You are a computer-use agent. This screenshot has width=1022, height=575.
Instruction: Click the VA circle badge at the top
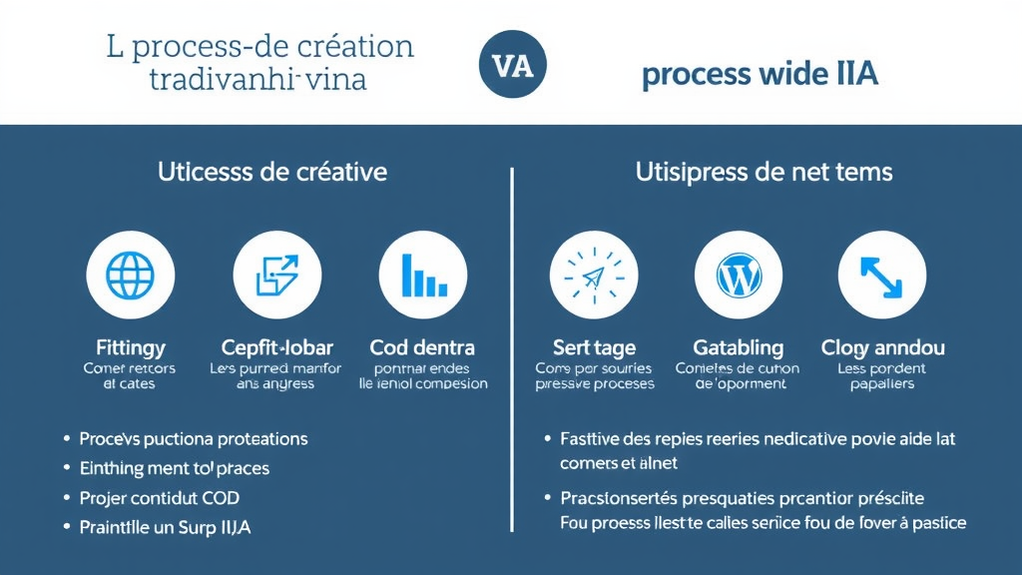[x=512, y=66]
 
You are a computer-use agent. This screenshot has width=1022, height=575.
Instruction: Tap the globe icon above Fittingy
[x=130, y=274]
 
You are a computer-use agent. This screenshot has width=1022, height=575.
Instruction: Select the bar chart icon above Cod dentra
[x=422, y=274]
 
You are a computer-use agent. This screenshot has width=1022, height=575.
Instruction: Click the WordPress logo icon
[x=739, y=274]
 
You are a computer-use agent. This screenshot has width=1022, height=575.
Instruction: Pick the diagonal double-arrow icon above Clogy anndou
[x=882, y=274]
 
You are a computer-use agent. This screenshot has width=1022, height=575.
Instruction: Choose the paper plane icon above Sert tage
[x=594, y=274]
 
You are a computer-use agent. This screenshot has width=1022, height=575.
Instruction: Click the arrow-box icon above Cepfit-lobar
[x=276, y=274]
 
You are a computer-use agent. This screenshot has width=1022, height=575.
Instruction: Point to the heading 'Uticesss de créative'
[x=271, y=172]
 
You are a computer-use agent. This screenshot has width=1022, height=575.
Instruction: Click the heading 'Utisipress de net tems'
[x=764, y=172]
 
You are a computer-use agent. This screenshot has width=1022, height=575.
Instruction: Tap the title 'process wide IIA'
[x=760, y=75]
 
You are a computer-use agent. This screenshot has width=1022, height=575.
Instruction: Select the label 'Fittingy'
[x=130, y=348]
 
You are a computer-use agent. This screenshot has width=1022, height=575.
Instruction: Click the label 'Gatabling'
[x=738, y=348]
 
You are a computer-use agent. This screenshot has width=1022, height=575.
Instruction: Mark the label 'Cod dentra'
[x=422, y=348]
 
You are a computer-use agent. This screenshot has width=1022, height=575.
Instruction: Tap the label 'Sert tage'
[x=594, y=348]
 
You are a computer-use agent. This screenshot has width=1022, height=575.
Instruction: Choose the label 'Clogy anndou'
[x=882, y=348]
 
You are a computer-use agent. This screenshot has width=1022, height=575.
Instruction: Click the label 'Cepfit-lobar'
[x=276, y=348]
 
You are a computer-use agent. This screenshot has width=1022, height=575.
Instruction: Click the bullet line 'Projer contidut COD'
[x=160, y=497]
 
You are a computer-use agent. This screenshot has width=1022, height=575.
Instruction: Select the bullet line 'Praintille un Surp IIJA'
[x=165, y=527]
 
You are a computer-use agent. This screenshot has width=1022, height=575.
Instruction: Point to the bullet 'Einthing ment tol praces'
[x=175, y=467]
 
